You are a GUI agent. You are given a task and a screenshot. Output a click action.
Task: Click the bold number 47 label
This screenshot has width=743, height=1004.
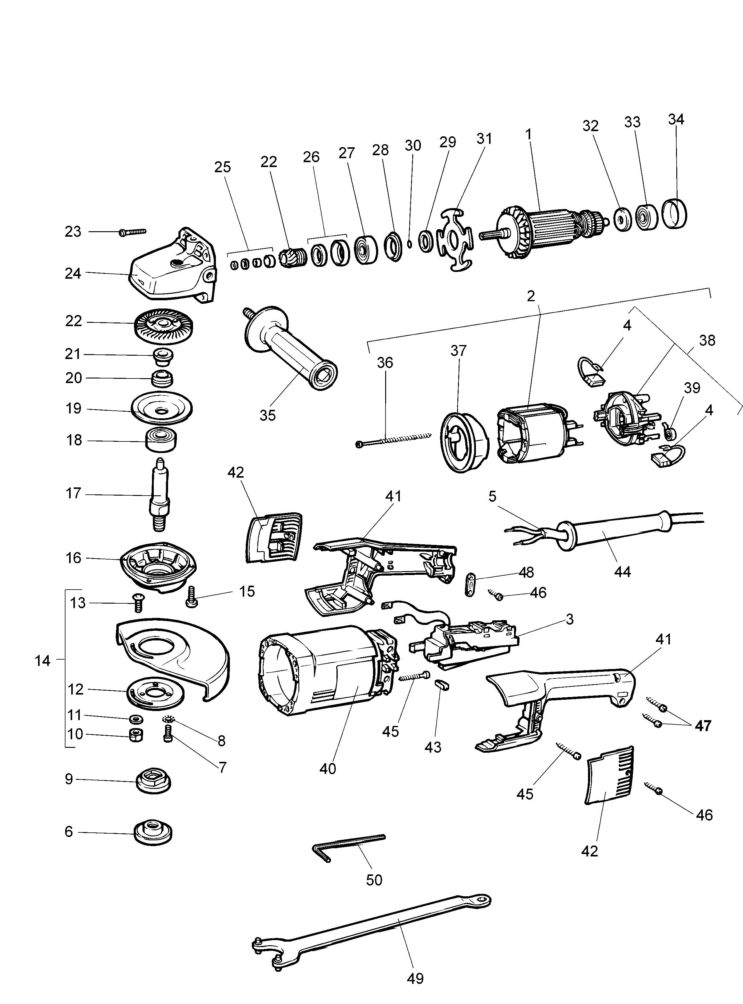(x=703, y=726)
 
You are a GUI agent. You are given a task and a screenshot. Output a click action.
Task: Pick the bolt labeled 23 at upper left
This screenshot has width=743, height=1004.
(x=133, y=232)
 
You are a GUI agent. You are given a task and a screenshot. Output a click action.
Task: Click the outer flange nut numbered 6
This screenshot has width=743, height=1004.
(x=153, y=834)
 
